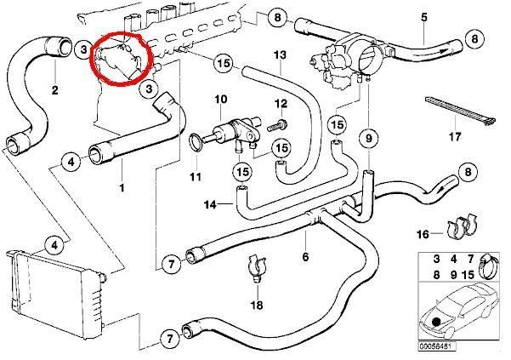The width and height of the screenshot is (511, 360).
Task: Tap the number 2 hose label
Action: click(x=54, y=90)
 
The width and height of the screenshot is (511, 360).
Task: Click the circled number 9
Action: click(x=370, y=137)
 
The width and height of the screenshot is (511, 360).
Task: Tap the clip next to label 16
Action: click(x=459, y=228)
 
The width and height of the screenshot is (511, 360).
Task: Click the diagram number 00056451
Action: click(x=439, y=347)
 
